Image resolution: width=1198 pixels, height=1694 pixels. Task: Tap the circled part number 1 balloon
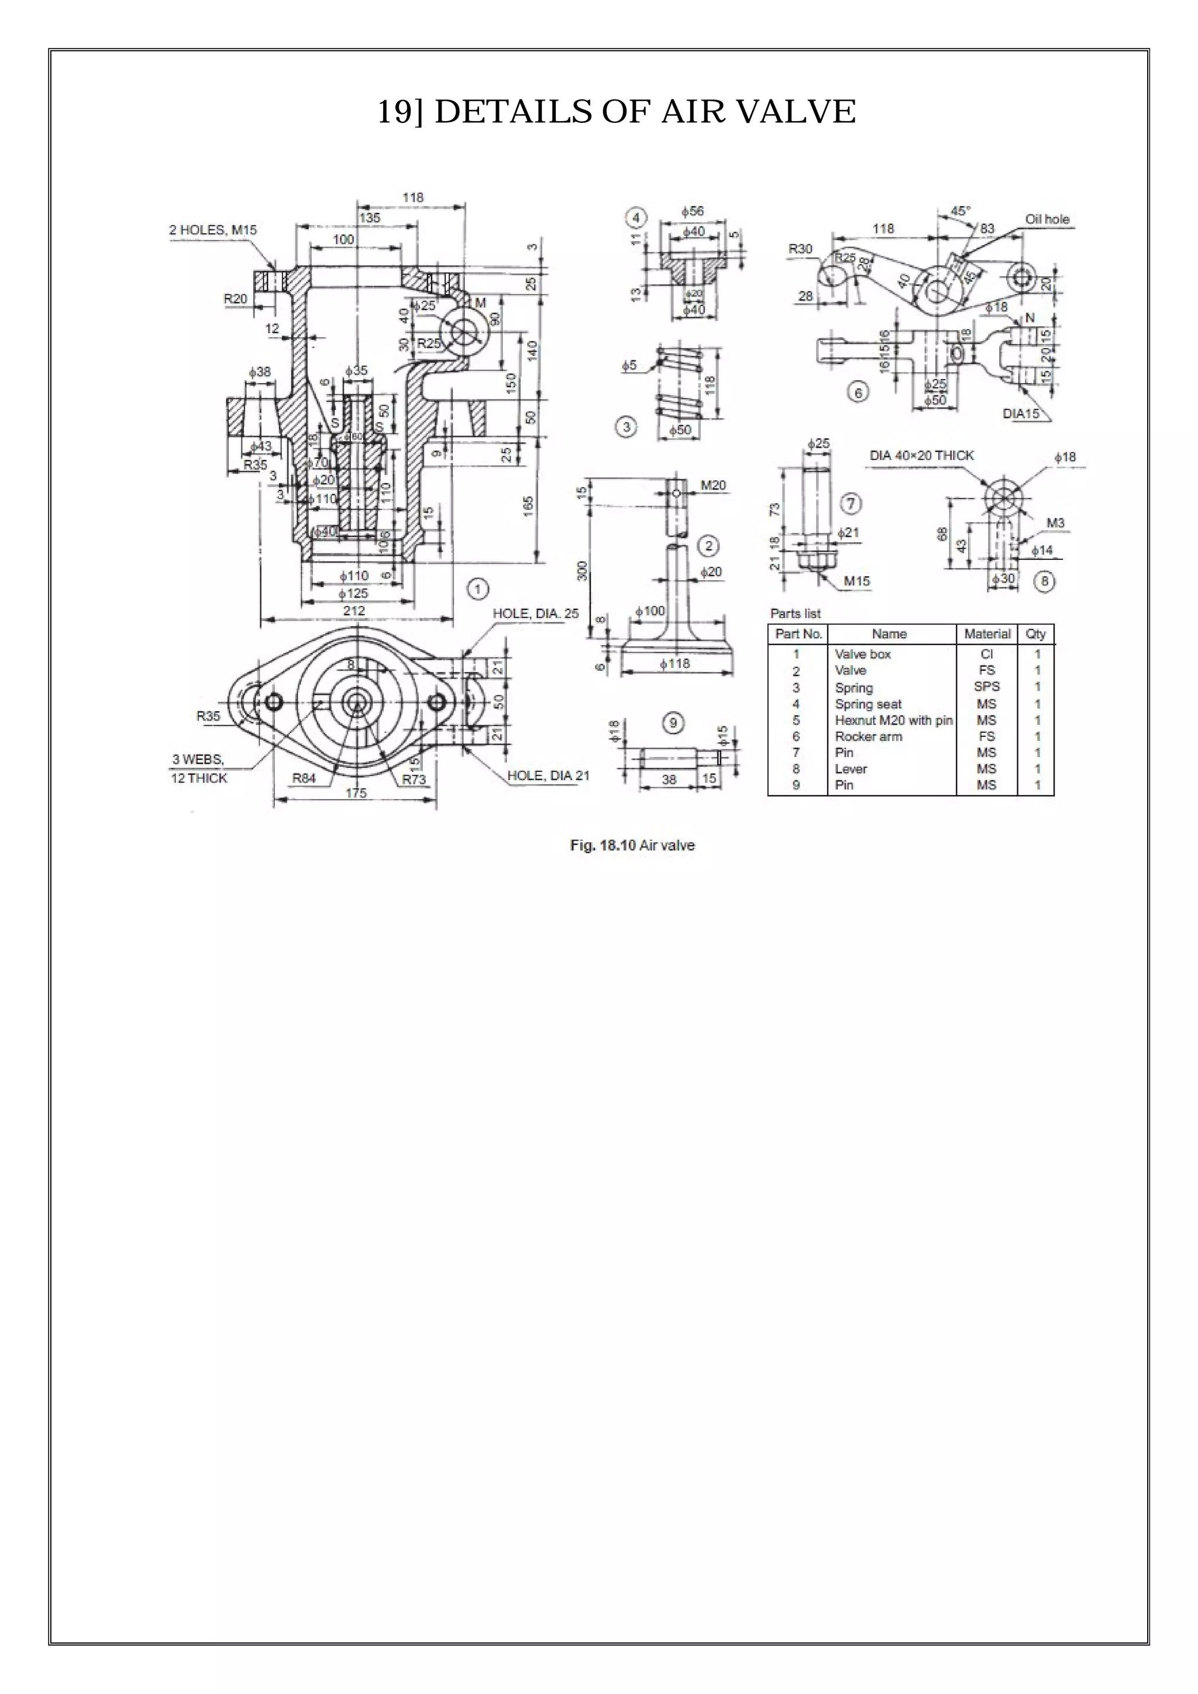pyautogui.click(x=478, y=589)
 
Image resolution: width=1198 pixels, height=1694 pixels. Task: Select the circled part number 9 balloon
pyautogui.click(x=673, y=722)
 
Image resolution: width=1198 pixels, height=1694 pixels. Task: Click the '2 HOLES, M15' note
pyautogui.click(x=213, y=230)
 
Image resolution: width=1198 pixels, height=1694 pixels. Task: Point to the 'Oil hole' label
pyautogui.click(x=1046, y=219)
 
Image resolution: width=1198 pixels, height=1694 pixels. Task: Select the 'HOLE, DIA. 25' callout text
pyautogui.click(x=536, y=614)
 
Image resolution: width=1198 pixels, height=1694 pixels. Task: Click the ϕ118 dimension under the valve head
pyautogui.click(x=675, y=663)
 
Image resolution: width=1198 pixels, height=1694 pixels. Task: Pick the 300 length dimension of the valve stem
pyautogui.click(x=583, y=570)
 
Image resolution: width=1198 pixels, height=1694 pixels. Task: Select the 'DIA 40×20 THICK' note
pyautogui.click(x=921, y=455)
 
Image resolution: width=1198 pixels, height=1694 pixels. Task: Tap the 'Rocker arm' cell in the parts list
pyautogui.click(x=867, y=736)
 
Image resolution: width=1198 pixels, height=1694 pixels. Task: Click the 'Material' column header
pyautogui.click(x=986, y=633)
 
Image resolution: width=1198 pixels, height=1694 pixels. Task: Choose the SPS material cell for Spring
pyautogui.click(x=986, y=687)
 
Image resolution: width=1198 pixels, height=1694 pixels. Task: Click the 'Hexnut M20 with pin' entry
pyautogui.click(x=893, y=720)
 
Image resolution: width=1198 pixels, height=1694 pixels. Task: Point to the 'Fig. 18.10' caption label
pyautogui.click(x=602, y=845)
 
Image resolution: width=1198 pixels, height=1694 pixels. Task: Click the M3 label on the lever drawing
pyautogui.click(x=1055, y=523)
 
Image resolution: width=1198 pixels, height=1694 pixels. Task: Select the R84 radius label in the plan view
pyautogui.click(x=304, y=777)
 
